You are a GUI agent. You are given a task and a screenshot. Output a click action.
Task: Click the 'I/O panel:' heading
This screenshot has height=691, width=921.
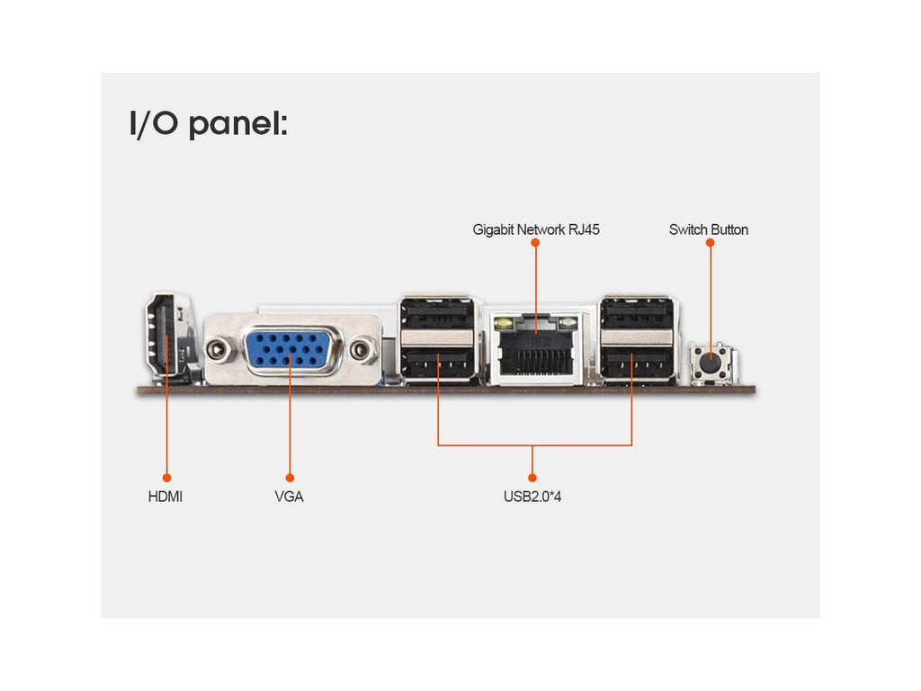tap(209, 124)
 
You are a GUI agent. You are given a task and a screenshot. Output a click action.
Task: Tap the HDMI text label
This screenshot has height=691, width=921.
tap(165, 496)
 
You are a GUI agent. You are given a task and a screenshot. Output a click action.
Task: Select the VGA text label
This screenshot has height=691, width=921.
tap(290, 496)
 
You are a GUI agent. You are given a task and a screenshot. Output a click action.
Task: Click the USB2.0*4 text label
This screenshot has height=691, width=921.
tap(532, 496)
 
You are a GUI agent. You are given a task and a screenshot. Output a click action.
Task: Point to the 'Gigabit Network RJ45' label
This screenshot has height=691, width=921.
tap(536, 229)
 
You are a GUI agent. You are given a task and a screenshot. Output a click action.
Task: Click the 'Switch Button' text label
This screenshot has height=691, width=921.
tap(709, 229)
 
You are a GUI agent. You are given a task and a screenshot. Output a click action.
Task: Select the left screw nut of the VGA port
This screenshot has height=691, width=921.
tap(219, 349)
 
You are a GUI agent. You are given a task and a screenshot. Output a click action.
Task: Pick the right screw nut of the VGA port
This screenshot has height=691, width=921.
tap(362, 349)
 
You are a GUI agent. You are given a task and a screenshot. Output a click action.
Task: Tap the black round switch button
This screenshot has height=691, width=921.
tap(711, 363)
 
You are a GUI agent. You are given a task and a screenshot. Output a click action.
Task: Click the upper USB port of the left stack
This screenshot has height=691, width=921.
tap(438, 316)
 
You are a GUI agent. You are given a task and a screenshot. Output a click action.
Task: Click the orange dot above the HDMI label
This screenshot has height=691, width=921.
tap(165, 477)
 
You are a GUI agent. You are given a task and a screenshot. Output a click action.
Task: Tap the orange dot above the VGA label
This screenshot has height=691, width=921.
tap(290, 477)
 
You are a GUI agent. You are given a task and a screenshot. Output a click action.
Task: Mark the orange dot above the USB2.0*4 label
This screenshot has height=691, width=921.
tap(532, 477)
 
